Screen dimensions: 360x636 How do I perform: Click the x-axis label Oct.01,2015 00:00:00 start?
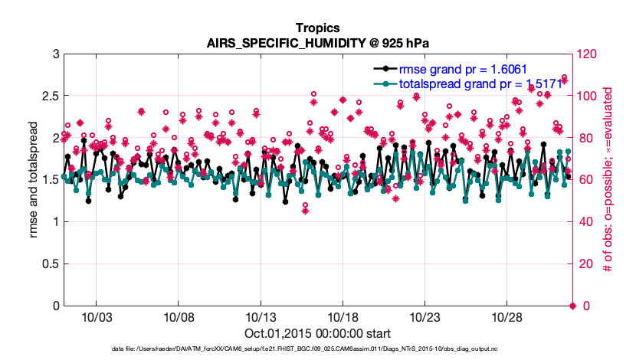click(x=317, y=334)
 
